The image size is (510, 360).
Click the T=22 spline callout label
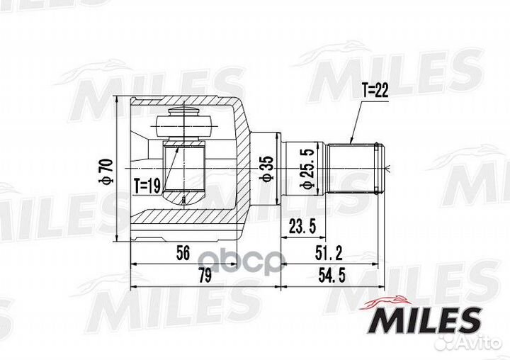tap(375, 91)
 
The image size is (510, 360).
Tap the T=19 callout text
tap(147, 186)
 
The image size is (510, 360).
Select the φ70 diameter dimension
tap(106, 171)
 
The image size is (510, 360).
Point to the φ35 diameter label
tap(267, 169)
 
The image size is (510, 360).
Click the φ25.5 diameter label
tap(307, 169)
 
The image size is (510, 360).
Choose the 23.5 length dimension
tap(302, 227)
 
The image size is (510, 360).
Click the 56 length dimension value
tap(183, 253)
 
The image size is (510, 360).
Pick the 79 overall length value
tap(205, 276)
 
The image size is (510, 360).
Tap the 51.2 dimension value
tap(329, 253)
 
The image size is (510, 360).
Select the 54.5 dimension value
tap(331, 276)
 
